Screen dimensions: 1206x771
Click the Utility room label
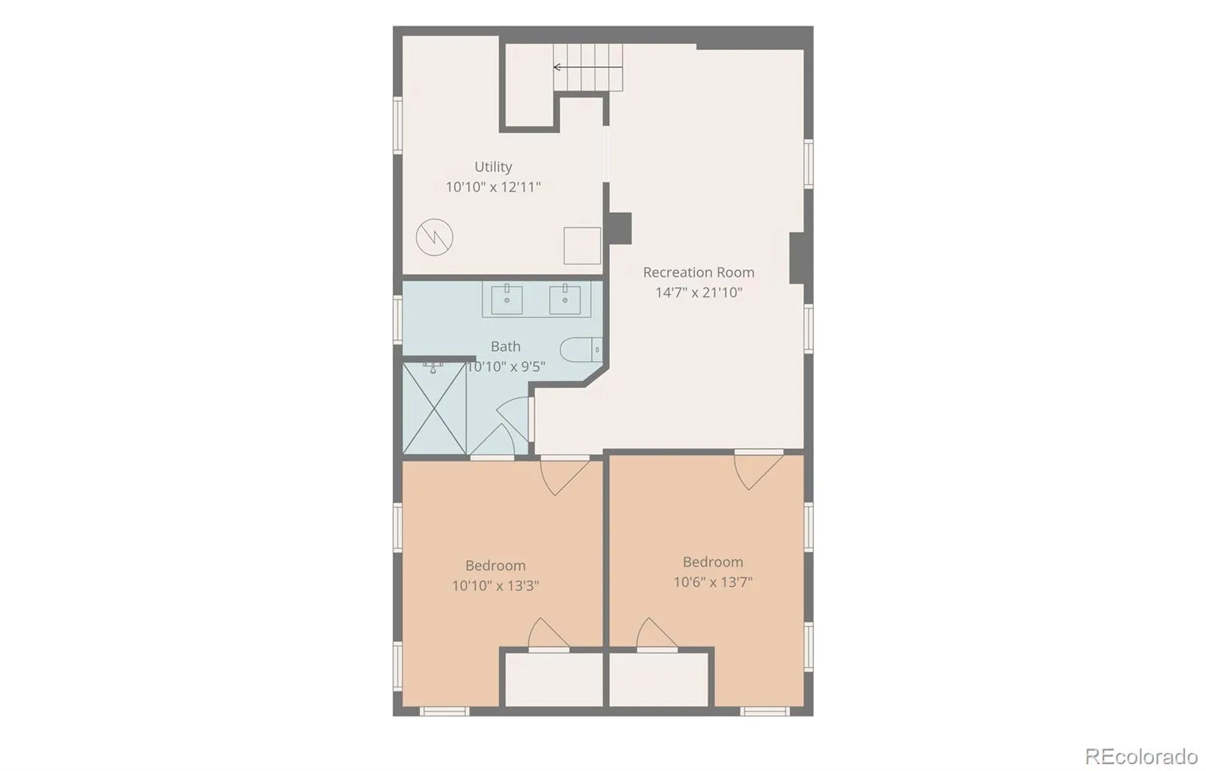coord(493,167)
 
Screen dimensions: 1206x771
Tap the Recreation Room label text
coord(698,272)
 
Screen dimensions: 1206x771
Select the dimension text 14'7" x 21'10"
coord(698,293)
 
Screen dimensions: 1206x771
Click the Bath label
coord(505,346)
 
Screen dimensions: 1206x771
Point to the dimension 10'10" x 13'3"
coord(495,585)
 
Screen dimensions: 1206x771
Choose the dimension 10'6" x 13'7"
coord(713,582)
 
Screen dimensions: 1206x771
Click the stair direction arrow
coord(588,67)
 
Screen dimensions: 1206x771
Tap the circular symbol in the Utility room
coord(434,237)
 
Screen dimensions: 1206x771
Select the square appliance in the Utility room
coord(582,246)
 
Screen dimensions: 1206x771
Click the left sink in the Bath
coord(507,299)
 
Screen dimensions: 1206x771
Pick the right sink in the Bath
coord(565,299)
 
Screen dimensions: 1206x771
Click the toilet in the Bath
coord(581,350)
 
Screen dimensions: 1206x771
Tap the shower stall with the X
coord(434,408)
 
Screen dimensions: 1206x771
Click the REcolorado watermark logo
coord(1141,757)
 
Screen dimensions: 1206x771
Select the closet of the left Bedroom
coord(553,679)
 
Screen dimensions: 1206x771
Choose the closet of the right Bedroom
coord(659,679)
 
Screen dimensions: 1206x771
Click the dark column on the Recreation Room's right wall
coord(797,258)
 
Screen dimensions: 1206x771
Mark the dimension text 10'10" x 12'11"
coord(493,187)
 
